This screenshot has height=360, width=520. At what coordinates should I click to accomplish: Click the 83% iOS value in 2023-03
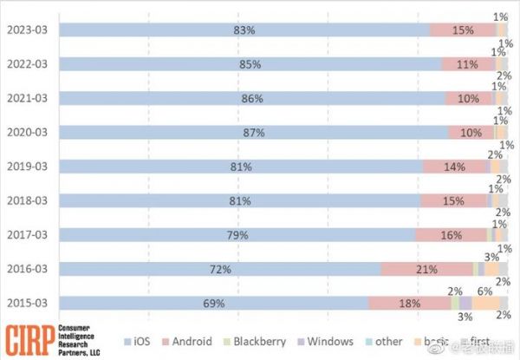(x=244, y=30)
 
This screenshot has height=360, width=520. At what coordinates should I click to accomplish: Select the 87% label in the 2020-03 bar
(x=254, y=133)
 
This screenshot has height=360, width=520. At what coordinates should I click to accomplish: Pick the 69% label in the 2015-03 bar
(x=214, y=303)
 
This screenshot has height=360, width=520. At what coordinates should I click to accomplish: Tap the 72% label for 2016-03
(x=220, y=269)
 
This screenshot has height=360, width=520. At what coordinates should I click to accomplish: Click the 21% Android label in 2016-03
(x=426, y=269)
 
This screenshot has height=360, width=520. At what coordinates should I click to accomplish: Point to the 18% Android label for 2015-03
(x=409, y=303)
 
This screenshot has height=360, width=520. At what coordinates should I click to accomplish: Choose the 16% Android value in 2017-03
(x=451, y=235)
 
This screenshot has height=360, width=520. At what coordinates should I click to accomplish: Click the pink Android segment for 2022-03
(x=469, y=64)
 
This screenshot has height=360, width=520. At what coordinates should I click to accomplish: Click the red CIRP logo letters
(x=28, y=339)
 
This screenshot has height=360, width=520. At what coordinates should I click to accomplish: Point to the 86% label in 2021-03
(x=252, y=99)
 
